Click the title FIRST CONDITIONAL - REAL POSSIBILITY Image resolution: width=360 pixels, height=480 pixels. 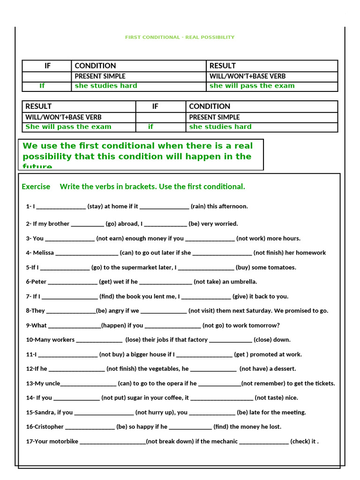tap(180, 37)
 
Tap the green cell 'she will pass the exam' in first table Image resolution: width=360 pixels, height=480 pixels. tap(252, 86)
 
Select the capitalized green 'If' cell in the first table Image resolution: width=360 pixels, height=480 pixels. tap(42, 86)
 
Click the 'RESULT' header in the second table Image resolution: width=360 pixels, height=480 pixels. tap(38, 106)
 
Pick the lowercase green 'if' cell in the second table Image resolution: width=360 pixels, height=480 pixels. tap(150, 127)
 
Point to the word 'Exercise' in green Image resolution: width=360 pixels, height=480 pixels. tap(36, 187)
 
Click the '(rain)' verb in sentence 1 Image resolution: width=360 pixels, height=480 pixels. tap(198, 206)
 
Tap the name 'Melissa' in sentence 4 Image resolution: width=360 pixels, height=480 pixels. tap(44, 253)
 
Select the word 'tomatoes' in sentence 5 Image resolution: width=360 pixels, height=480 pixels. tap(283, 268)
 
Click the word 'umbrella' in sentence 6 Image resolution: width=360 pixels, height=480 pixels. tap(243, 282)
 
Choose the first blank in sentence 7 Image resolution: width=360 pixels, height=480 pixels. tap(70, 297)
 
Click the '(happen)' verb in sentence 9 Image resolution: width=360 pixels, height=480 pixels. tap(114, 325)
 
